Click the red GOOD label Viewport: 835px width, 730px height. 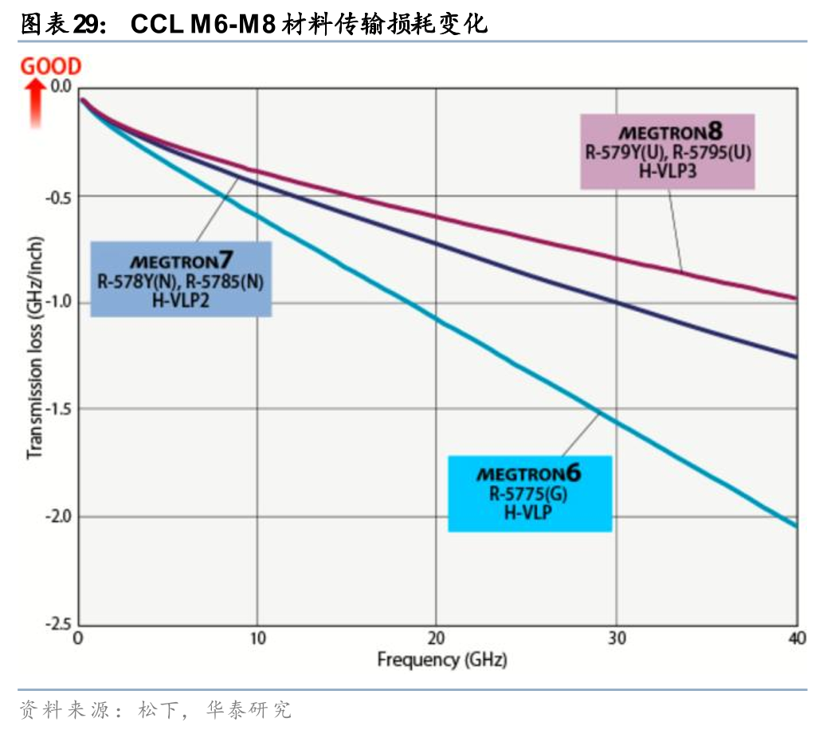pyautogui.click(x=50, y=66)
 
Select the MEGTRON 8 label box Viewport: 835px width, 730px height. pyautogui.click(x=667, y=151)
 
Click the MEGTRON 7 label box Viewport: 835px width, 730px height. pyautogui.click(x=181, y=280)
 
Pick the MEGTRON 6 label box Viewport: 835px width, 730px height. pyautogui.click(x=529, y=493)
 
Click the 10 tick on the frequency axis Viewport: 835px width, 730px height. pyautogui.click(x=257, y=639)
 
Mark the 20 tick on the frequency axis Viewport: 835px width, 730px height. pyautogui.click(x=436, y=639)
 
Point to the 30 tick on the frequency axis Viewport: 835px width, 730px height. pyautogui.click(x=615, y=639)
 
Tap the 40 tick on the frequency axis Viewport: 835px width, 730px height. pyautogui.click(x=795, y=639)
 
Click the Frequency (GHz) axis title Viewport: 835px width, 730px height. pyautogui.click(x=441, y=661)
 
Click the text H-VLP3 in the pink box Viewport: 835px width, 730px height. pyautogui.click(x=668, y=170)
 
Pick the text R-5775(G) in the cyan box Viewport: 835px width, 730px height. pyautogui.click(x=529, y=494)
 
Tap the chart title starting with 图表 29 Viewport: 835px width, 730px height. pyautogui.click(x=253, y=25)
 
